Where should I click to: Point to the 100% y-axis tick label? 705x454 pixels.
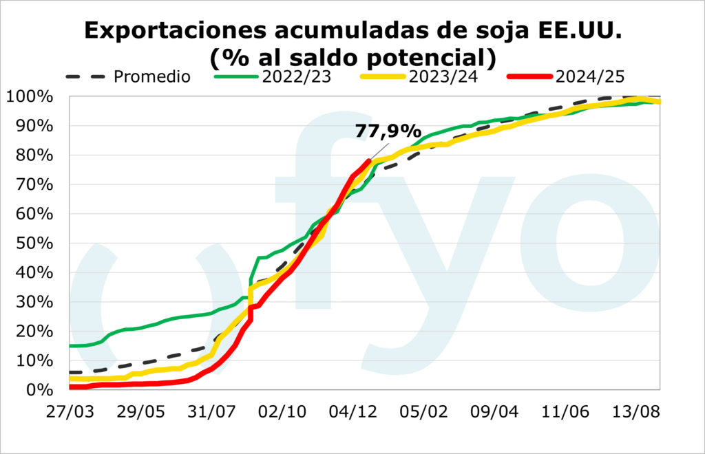click(x=28, y=97)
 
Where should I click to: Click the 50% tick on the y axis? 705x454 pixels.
click(x=33, y=244)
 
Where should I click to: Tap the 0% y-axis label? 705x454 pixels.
click(x=38, y=390)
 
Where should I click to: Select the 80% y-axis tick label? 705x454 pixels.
click(x=33, y=155)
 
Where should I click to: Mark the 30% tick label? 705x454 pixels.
click(x=33, y=302)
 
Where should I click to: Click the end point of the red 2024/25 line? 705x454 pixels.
click(x=370, y=161)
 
